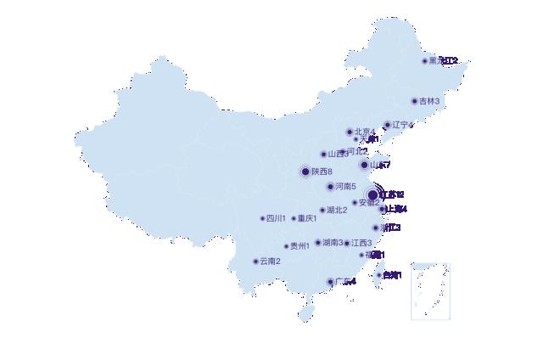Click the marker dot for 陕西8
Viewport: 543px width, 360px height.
click(x=305, y=172)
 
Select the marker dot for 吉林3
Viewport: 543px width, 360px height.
click(x=415, y=101)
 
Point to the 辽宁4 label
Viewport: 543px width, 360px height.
click(x=402, y=125)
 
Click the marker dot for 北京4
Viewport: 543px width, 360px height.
click(x=350, y=132)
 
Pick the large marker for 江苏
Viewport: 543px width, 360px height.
click(x=372, y=195)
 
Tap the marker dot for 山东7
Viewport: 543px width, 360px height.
click(x=365, y=165)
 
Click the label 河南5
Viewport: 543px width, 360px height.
click(x=345, y=186)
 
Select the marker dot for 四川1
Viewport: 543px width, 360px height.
click(x=263, y=218)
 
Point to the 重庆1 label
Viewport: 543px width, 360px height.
click(x=307, y=218)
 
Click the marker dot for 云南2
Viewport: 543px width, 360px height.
click(x=255, y=261)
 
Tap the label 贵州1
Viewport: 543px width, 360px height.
click(x=299, y=246)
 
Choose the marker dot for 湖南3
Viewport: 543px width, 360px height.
click(x=318, y=243)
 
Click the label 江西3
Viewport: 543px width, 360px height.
click(x=361, y=244)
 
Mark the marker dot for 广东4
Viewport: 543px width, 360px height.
click(x=331, y=282)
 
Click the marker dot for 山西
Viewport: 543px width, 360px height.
click(x=323, y=155)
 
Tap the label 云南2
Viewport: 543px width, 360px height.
click(x=270, y=261)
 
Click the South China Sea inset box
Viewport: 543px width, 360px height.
click(x=430, y=290)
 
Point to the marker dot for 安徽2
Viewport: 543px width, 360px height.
click(x=355, y=202)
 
